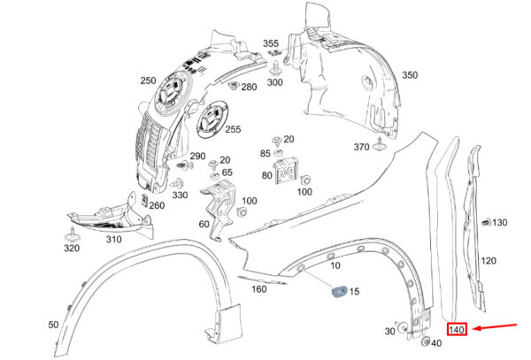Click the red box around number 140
click(x=457, y=329)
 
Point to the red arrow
click(x=495, y=327)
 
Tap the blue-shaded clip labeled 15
click(x=339, y=291)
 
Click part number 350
click(x=410, y=75)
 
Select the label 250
click(x=149, y=80)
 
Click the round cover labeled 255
click(x=212, y=119)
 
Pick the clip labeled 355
click(x=274, y=53)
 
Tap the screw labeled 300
click(x=275, y=68)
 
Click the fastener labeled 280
click(x=234, y=85)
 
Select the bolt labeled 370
click(x=380, y=145)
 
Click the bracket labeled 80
click(x=287, y=171)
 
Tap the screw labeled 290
click(x=185, y=165)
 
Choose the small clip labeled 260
click(x=144, y=200)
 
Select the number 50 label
click(x=53, y=325)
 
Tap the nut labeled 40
click(x=425, y=341)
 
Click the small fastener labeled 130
click(x=486, y=223)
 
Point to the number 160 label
click(x=259, y=289)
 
